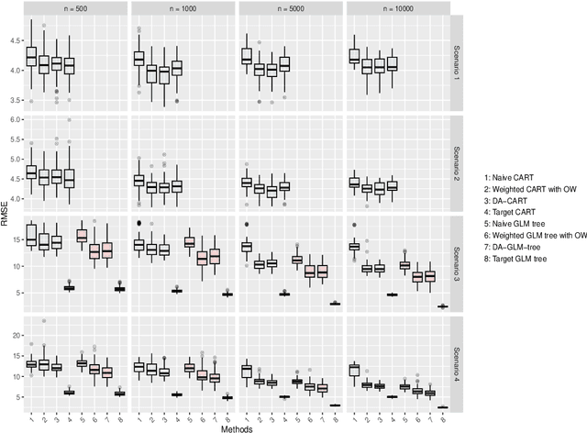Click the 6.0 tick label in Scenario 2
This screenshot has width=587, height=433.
point(12,119)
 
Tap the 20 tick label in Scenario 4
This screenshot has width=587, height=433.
point(14,336)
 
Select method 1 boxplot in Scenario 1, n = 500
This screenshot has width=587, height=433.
point(30,57)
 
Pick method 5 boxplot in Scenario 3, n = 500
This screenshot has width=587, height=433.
point(82,236)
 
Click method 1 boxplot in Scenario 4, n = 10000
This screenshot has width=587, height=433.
point(353,370)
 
